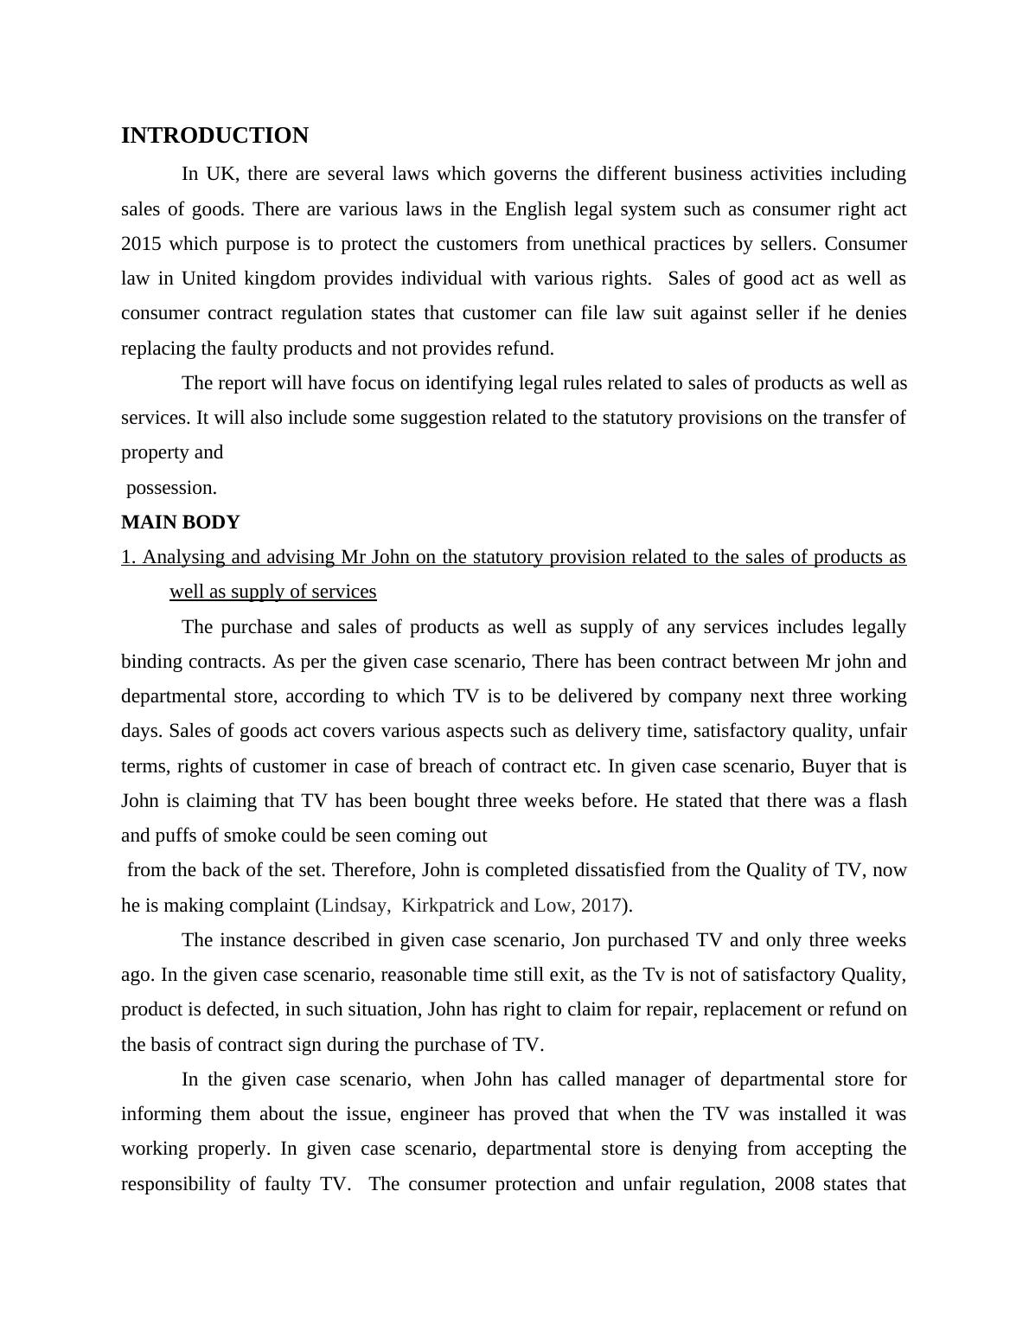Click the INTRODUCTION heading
point(214,136)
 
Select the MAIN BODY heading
point(180,522)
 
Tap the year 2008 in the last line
point(795,1184)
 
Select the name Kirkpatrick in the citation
point(449,906)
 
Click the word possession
point(171,488)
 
